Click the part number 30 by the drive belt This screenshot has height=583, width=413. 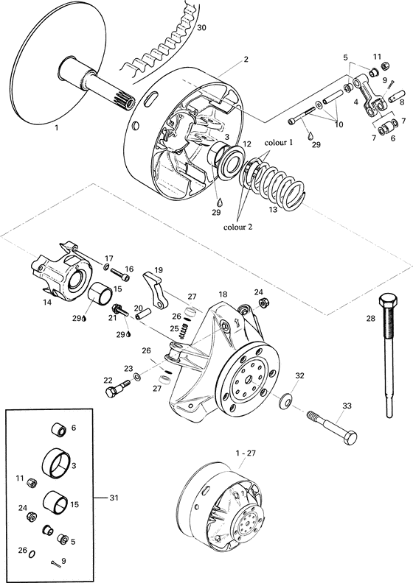202,27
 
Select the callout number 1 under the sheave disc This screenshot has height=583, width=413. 56,127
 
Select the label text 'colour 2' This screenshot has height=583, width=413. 240,227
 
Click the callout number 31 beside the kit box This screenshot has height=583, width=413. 114,498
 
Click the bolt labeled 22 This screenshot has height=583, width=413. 113,392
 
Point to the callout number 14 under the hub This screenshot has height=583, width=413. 47,302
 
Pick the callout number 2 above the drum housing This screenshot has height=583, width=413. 246,59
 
